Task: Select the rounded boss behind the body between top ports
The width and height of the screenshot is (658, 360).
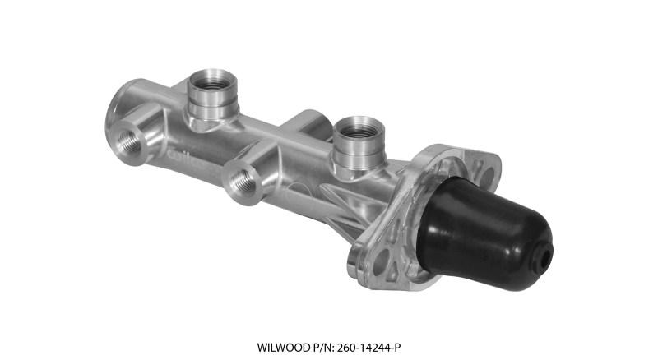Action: [x=307, y=123]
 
